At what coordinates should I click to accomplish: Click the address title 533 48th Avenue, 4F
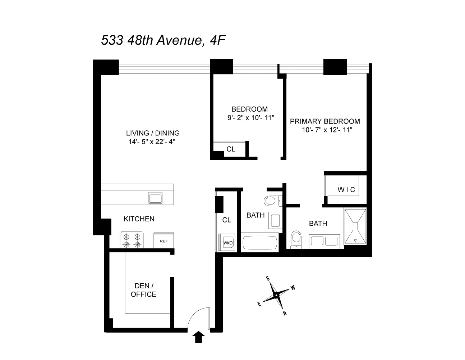pos(163,40)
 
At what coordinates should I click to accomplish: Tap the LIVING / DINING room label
pos(153,133)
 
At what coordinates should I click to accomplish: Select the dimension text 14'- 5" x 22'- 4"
pos(154,142)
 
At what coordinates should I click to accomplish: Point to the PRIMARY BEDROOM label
pos(325,121)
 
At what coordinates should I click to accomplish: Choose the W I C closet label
pos(346,189)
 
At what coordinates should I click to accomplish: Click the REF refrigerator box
pos(164,241)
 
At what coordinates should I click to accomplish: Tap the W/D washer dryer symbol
pos(228,242)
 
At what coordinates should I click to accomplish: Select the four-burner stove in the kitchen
pos(132,241)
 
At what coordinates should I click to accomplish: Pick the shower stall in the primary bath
pos(355,227)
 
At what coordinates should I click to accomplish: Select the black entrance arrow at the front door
pos(198,337)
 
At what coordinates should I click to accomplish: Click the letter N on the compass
pos(285,313)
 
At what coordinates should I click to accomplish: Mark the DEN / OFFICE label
pos(143,290)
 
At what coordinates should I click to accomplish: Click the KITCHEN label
pos(139,219)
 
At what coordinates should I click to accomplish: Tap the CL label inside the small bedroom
pos(231,149)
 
